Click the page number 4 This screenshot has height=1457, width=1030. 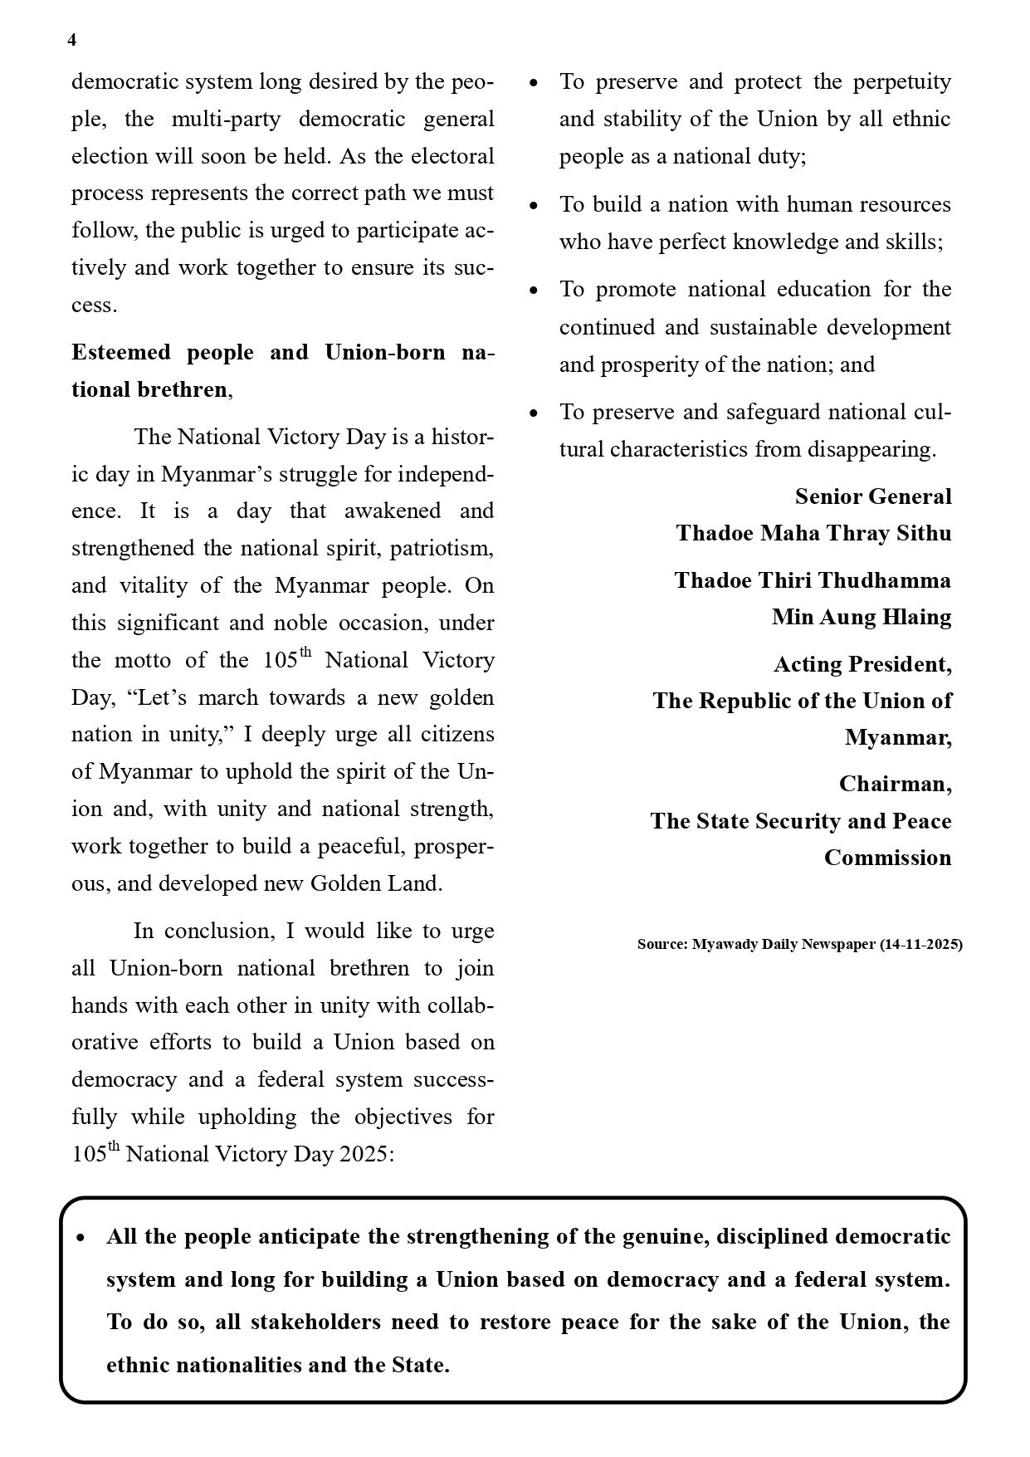(72, 41)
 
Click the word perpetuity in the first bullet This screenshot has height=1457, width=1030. (902, 81)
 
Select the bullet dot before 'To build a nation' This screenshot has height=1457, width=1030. (534, 205)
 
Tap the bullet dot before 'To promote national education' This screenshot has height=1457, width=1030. (534, 290)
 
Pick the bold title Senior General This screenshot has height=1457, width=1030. (873, 496)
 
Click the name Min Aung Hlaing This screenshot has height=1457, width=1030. (862, 617)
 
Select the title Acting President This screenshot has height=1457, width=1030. (862, 664)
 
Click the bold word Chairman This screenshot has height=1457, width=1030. (895, 784)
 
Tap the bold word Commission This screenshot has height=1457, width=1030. (887, 858)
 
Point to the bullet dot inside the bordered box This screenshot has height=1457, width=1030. (81, 1238)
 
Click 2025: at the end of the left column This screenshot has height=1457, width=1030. (366, 1154)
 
